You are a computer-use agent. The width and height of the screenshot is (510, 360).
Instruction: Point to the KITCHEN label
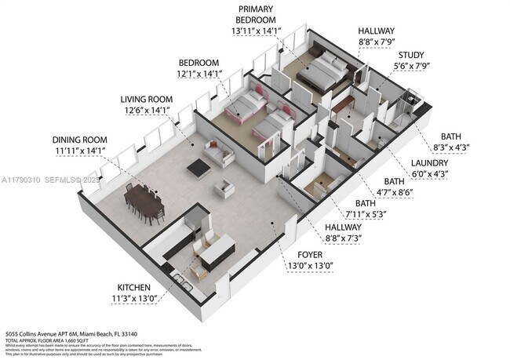pyautogui.click(x=134, y=287)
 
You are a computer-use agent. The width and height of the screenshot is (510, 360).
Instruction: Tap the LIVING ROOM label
pyautogui.click(x=147, y=100)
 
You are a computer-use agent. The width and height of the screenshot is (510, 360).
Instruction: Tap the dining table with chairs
pyautogui.click(x=143, y=201)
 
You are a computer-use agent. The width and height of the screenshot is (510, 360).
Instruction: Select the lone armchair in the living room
pyautogui.click(x=224, y=188)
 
